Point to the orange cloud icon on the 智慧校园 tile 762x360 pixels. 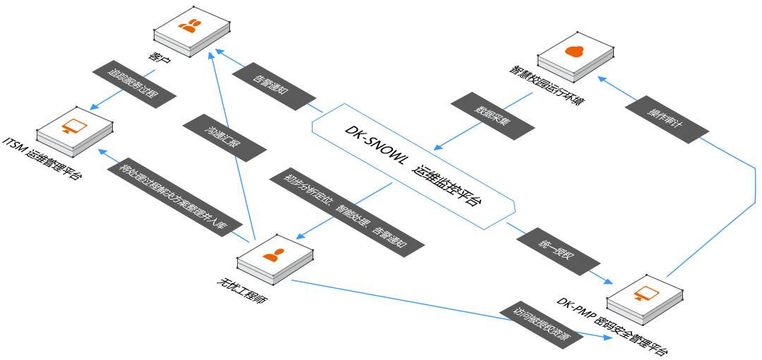(576, 52)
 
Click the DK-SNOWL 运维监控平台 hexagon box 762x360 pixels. (413, 166)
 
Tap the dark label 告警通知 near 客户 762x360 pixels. (274, 87)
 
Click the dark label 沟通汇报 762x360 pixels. (224, 136)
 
